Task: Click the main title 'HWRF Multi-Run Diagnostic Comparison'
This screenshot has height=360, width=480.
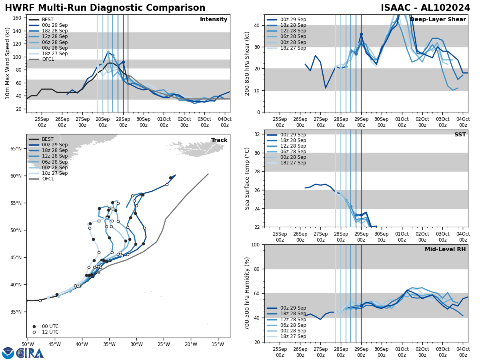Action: (105, 8)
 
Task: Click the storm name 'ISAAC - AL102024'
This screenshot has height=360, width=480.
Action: (425, 8)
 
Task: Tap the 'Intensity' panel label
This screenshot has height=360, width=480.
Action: (214, 20)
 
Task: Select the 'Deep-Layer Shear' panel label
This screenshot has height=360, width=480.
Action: (438, 20)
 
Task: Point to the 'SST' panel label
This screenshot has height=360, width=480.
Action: (460, 135)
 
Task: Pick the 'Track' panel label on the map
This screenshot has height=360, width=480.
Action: (219, 140)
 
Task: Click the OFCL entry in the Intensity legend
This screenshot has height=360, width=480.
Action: (48, 59)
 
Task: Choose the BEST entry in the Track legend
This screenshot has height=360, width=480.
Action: (48, 139)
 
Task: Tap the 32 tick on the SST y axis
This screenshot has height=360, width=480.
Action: (258, 134)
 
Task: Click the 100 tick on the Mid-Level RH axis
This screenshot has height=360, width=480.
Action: (256, 245)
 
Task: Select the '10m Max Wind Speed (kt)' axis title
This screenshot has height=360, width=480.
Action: (8, 63)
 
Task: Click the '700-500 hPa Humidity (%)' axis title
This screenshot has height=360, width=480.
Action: (248, 293)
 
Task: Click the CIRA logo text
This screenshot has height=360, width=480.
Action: (30, 353)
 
